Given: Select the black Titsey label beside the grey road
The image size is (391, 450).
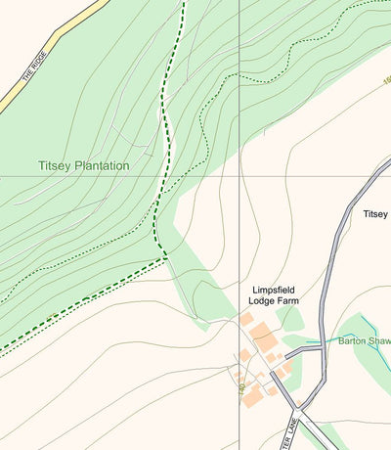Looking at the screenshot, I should [x=376, y=213].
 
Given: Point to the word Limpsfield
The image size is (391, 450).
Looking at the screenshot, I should [x=274, y=291].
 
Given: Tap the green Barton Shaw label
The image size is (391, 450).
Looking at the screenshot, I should [x=364, y=340].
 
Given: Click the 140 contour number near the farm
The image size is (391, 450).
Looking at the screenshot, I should [x=240, y=387].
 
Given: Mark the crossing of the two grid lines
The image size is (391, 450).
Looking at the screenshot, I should [x=239, y=177].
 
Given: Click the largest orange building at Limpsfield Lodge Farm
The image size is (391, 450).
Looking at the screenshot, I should [x=263, y=338].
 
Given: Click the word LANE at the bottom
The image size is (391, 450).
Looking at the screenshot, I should [x=291, y=427].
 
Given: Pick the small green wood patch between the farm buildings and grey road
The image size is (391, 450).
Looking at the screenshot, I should [x=291, y=318].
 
